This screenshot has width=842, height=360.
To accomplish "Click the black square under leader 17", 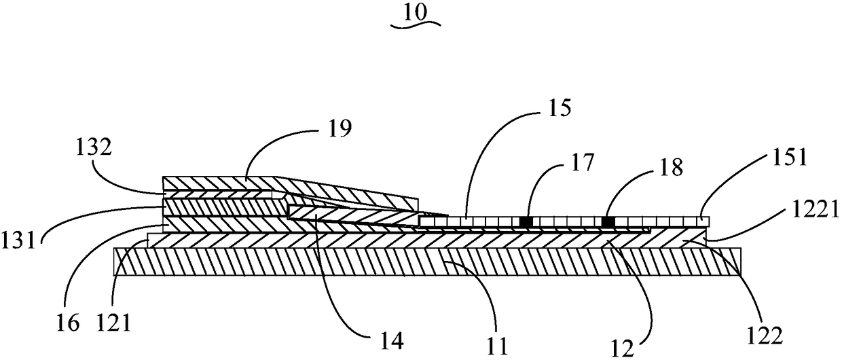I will coord(525,221).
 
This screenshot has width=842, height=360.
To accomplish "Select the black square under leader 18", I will coord(608,221).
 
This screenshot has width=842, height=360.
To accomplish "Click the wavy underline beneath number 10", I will coord(416,24).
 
